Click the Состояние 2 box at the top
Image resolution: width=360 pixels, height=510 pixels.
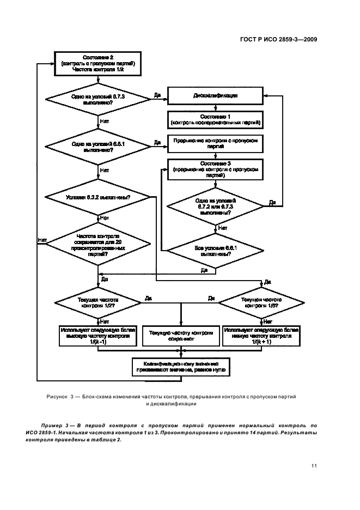98,64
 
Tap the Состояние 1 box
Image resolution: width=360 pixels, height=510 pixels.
215,119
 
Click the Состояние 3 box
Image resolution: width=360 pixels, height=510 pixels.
215,169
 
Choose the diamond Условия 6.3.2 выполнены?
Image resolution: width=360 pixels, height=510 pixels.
98,196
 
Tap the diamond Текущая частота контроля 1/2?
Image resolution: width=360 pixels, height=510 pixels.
98,302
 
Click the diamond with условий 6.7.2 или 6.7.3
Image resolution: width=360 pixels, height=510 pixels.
215,206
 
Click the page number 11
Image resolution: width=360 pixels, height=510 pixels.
314,465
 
